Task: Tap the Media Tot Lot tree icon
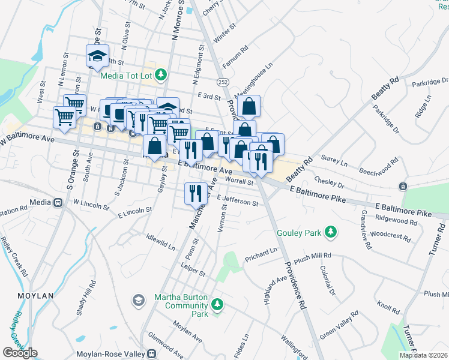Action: pos(160,75)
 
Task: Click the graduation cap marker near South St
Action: pos(97,56)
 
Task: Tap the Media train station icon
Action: pos(58,203)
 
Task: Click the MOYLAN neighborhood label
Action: pos(35,296)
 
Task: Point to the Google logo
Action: pos(19,353)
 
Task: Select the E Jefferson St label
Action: pos(238,201)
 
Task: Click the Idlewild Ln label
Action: pos(160,241)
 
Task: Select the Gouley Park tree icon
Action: pos(330,232)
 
